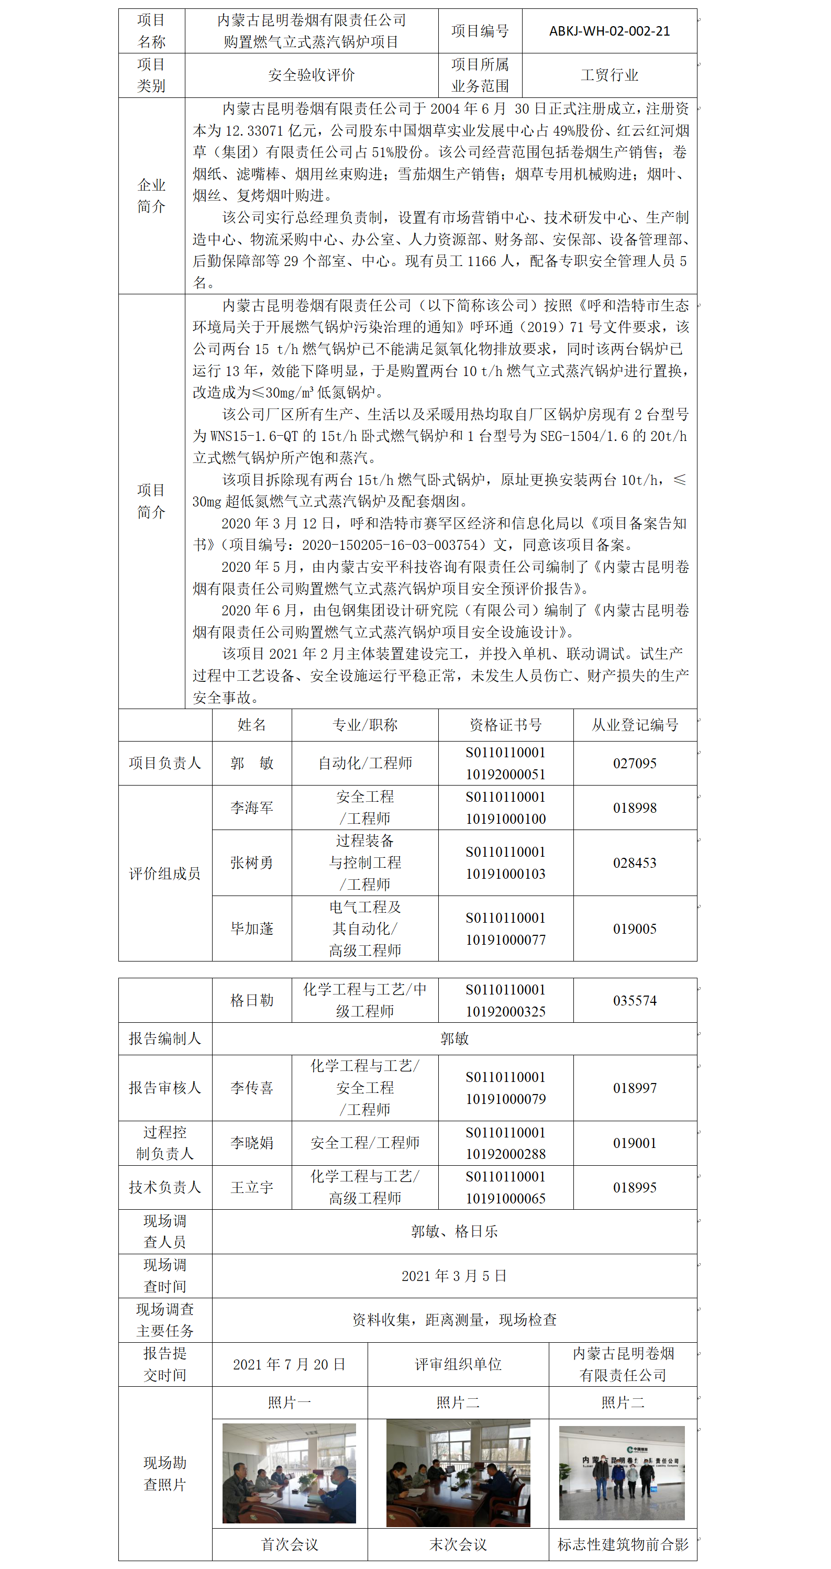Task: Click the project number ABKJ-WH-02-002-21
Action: click(x=609, y=31)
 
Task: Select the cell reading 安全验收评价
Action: click(x=311, y=75)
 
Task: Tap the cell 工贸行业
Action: click(x=609, y=75)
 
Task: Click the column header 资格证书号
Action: click(x=505, y=724)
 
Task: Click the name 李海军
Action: click(x=251, y=808)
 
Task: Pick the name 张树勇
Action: click(x=251, y=863)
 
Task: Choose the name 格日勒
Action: click(x=251, y=1000)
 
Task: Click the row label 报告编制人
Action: click(x=164, y=1038)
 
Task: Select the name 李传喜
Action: click(x=251, y=1088)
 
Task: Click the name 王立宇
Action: click(x=251, y=1187)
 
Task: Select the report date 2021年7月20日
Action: click(x=289, y=1364)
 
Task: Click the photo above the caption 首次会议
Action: click(x=289, y=1473)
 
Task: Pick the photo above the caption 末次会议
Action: click(x=458, y=1473)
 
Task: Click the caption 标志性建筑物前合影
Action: click(x=623, y=1544)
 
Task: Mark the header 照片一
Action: click(x=289, y=1402)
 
